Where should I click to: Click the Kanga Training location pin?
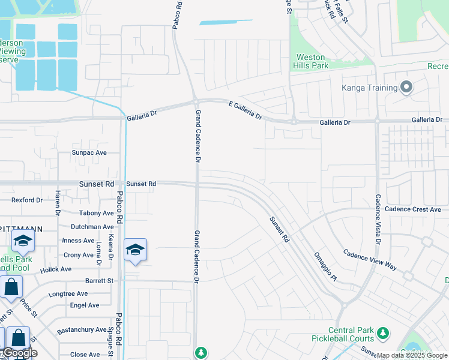click(x=406, y=88)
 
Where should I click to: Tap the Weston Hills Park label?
click(x=311, y=61)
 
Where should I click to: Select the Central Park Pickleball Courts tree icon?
click(x=382, y=332)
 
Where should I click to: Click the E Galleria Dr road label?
click(x=246, y=109)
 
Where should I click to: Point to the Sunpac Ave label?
click(x=89, y=152)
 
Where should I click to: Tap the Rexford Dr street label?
click(x=28, y=200)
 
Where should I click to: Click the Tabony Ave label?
click(x=96, y=213)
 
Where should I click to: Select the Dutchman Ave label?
click(x=92, y=227)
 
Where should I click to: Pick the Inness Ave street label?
click(x=78, y=241)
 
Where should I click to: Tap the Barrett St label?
click(x=99, y=280)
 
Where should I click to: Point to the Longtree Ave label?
click(x=68, y=294)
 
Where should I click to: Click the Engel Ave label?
click(x=85, y=305)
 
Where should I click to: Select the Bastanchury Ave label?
click(x=82, y=330)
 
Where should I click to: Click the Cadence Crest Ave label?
click(x=413, y=209)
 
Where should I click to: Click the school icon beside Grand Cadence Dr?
click(x=136, y=250)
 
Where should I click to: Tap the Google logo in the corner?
click(x=19, y=353)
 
